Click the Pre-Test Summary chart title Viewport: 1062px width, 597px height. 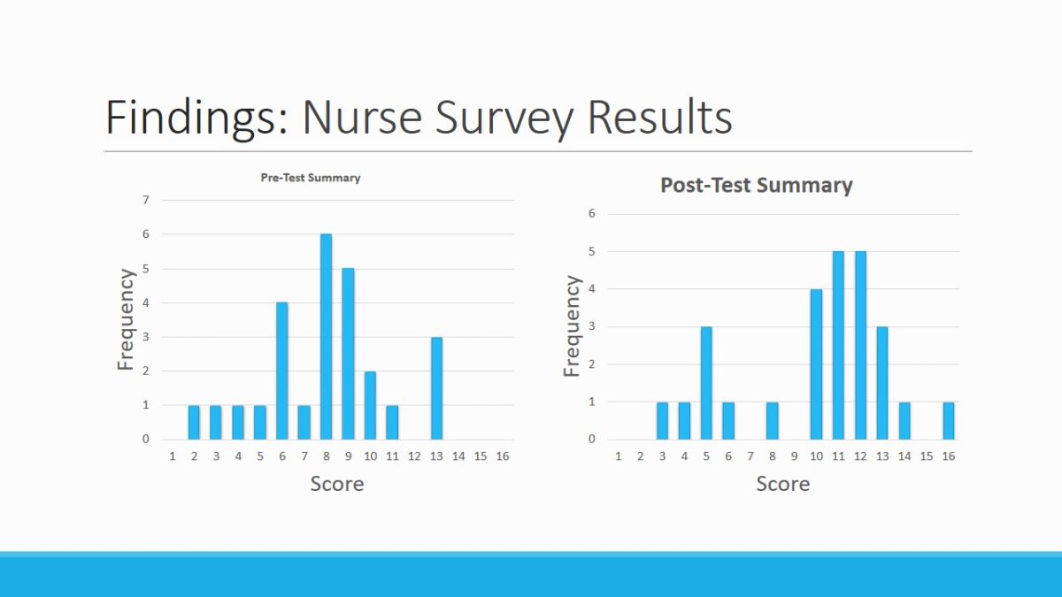pyautogui.click(x=310, y=178)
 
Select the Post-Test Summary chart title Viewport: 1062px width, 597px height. pyautogui.click(x=757, y=186)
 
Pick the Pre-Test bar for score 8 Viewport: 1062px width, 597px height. pyautogui.click(x=326, y=337)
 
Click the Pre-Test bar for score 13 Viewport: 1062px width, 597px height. pyautogui.click(x=436, y=388)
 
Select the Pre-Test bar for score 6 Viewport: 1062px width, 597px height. pyautogui.click(x=281, y=371)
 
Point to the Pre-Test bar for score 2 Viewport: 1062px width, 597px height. pyautogui.click(x=194, y=423)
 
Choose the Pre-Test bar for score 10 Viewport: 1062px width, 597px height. pyautogui.click(x=370, y=405)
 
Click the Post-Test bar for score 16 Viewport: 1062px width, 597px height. pyautogui.click(x=949, y=421)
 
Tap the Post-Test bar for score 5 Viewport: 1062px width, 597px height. pyautogui.click(x=706, y=383)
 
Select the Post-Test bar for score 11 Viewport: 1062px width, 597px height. pyautogui.click(x=838, y=346)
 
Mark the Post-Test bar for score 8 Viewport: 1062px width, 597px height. pyautogui.click(x=772, y=421)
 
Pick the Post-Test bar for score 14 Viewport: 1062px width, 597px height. pyautogui.click(x=904, y=421)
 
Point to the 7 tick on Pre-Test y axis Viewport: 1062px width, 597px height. pyautogui.click(x=146, y=200)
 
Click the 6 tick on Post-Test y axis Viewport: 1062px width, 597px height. pyautogui.click(x=592, y=214)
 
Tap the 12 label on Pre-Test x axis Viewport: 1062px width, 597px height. pyautogui.click(x=414, y=456)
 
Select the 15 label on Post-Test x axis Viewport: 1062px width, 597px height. pyautogui.click(x=927, y=456)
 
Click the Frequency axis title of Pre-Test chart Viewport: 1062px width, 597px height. pyautogui.click(x=127, y=319)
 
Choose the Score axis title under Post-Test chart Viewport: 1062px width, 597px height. pyautogui.click(x=782, y=484)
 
